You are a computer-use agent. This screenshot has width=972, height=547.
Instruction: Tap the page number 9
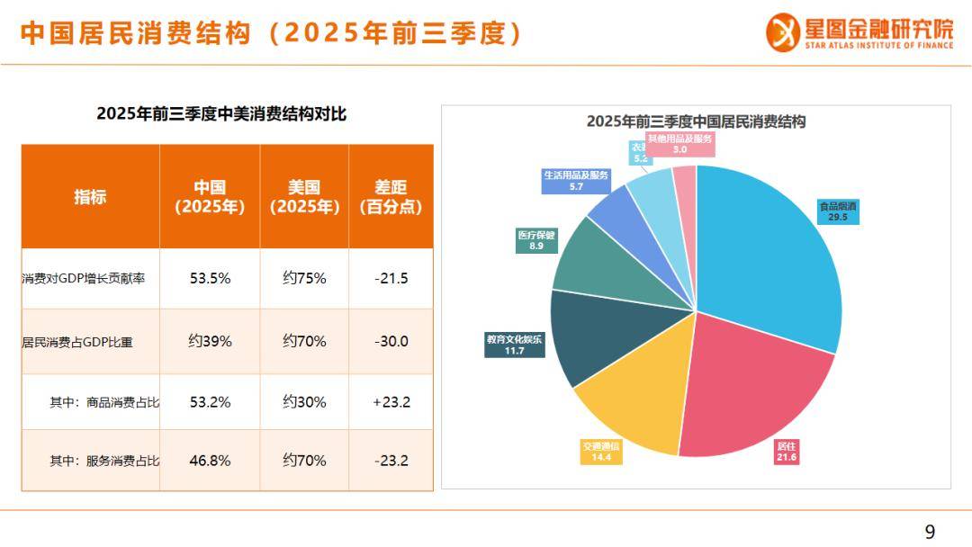click(930, 531)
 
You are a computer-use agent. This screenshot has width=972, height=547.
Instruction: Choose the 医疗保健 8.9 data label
click(536, 240)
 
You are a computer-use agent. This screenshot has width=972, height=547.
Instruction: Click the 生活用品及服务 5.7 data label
click(576, 181)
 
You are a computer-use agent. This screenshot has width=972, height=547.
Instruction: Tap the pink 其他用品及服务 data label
click(680, 144)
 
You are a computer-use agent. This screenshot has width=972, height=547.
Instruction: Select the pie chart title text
click(696, 121)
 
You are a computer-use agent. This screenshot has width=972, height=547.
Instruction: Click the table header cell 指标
click(90, 197)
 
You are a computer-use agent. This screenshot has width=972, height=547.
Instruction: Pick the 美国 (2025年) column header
click(304, 197)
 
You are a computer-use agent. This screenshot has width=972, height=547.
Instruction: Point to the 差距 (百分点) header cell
click(391, 197)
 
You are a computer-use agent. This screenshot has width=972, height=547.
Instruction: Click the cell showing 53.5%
click(210, 278)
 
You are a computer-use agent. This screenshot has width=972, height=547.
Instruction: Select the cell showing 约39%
click(210, 341)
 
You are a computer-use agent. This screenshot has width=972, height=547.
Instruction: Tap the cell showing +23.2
click(391, 402)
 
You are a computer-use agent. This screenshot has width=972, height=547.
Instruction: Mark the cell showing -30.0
click(391, 341)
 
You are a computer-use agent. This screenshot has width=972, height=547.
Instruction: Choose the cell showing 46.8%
click(210, 461)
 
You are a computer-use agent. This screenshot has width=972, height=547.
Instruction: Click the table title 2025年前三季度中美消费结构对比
click(221, 114)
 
